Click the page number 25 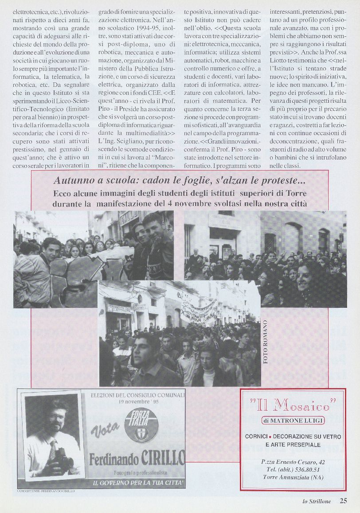(x=344, y=501)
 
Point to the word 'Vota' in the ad (x=105, y=428)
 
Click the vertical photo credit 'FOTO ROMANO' (x=266, y=342)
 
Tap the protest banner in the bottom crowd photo (x=199, y=310)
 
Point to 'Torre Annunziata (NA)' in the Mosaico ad (x=293, y=477)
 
